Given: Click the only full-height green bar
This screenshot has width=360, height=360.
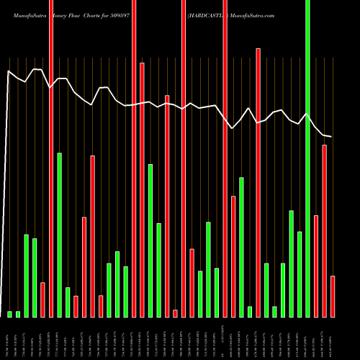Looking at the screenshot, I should pos(307,158).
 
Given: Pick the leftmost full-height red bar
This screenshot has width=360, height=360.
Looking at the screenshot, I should pos(51,158).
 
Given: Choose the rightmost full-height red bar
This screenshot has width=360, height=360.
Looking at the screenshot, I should pos(225,158).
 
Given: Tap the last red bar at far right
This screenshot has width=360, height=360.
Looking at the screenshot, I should pos(333,296).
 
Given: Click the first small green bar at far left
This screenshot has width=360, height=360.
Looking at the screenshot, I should pos(10,314).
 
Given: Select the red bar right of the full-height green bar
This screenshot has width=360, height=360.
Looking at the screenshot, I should pos(316,266).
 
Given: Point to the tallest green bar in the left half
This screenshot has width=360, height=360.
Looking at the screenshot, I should pos(60,235).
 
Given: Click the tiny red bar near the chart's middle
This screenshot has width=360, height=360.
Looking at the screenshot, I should pos(175,313).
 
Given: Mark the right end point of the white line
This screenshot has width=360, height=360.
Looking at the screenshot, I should pos(332,137).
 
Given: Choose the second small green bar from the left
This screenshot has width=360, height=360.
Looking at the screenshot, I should pos(18,314).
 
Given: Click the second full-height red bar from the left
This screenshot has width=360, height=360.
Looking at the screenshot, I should pos(135,158).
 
